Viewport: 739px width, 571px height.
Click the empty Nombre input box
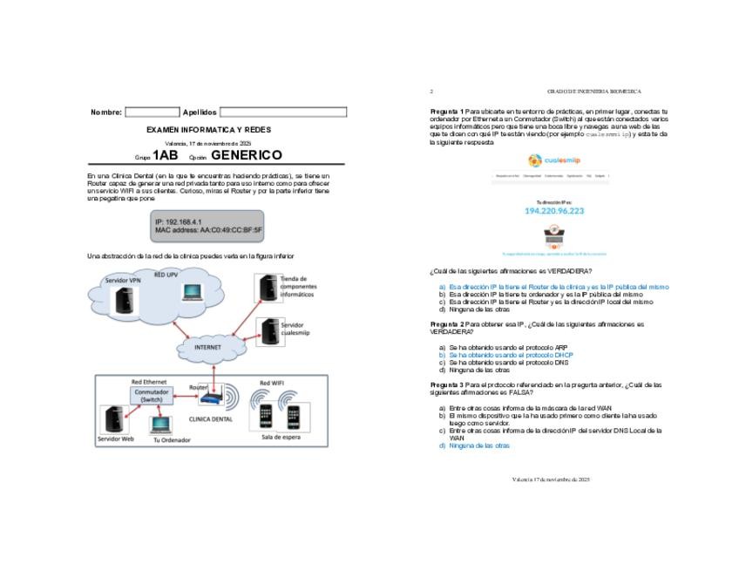[x=152, y=112]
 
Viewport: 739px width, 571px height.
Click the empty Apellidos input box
[x=282, y=112]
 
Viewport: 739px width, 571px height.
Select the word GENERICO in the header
[x=247, y=155]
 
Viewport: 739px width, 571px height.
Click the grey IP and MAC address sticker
[x=208, y=226]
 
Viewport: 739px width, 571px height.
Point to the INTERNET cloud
[x=207, y=347]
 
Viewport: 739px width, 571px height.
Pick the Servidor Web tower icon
[x=111, y=419]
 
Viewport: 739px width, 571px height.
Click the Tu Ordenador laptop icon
[x=159, y=425]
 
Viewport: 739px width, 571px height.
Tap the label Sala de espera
[x=280, y=437]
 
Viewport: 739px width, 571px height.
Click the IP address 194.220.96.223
[x=554, y=211]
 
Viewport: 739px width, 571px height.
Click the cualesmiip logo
[x=554, y=160]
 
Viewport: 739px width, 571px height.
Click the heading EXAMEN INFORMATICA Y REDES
[x=208, y=130]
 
